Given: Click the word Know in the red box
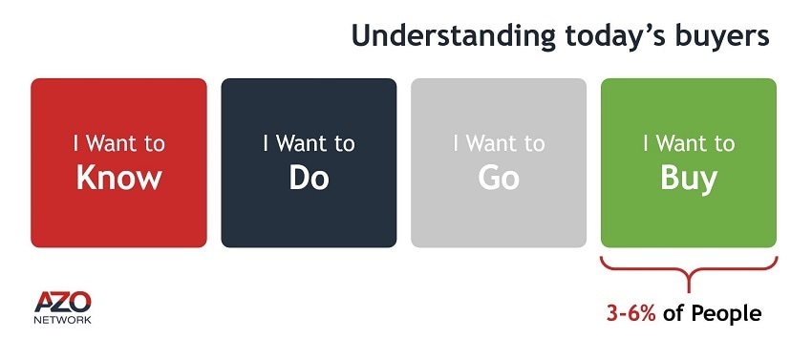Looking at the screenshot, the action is pyautogui.click(x=118, y=178).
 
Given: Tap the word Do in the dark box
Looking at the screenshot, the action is pyautogui.click(x=309, y=178).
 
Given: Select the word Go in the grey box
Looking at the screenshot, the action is pyautogui.click(x=499, y=178).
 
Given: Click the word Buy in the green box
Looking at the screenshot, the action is pyautogui.click(x=689, y=180).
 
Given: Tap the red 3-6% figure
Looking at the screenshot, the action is pyautogui.click(x=631, y=313).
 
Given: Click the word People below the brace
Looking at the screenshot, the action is pyautogui.click(x=727, y=314).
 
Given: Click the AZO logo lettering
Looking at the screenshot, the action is pyautogui.click(x=63, y=302).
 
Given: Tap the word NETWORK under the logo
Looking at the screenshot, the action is pyautogui.click(x=63, y=320).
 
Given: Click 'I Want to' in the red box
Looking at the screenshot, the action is pyautogui.click(x=118, y=144).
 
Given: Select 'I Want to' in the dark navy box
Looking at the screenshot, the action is pyautogui.click(x=309, y=144).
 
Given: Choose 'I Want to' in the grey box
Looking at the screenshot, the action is pyautogui.click(x=499, y=144).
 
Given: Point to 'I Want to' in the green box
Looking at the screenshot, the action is pyautogui.click(x=689, y=144).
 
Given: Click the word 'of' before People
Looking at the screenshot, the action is pyautogui.click(x=673, y=313).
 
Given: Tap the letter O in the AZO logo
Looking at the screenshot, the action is pyautogui.click(x=81, y=302).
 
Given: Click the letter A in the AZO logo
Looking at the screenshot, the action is pyautogui.click(x=44, y=302).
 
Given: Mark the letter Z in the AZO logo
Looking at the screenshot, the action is pyautogui.click(x=63, y=302).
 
